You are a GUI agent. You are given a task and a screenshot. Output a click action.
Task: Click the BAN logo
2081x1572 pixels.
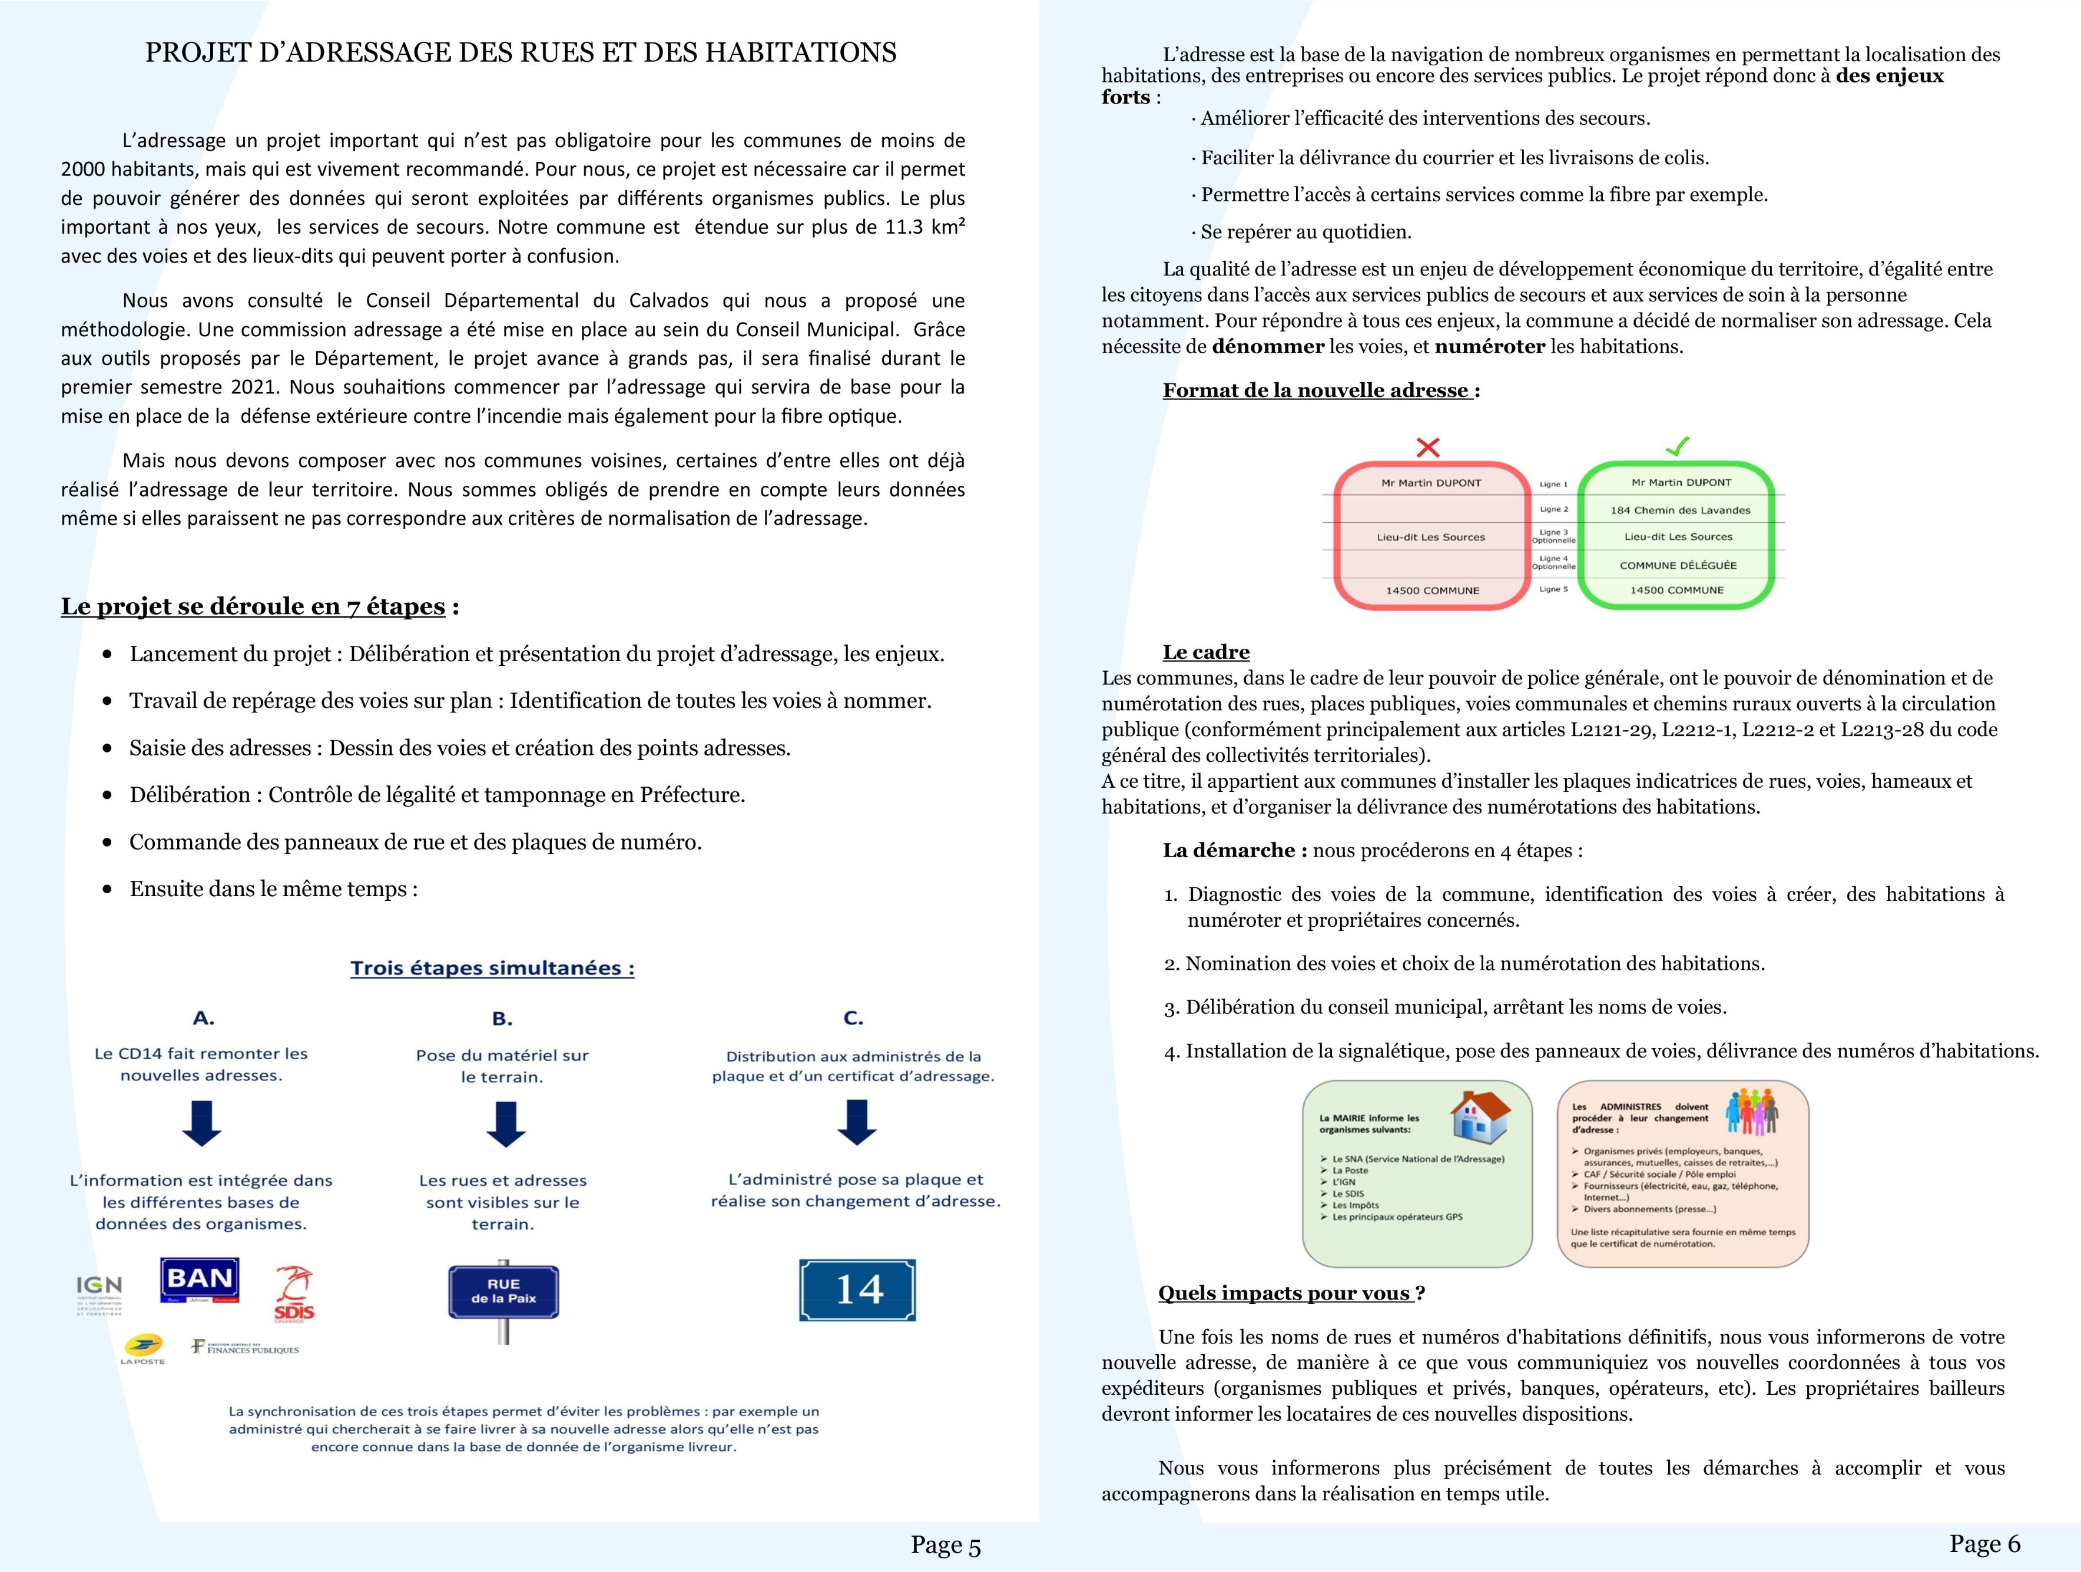(x=200, y=1281)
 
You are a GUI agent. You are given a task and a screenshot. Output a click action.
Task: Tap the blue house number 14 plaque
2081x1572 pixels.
(x=857, y=1290)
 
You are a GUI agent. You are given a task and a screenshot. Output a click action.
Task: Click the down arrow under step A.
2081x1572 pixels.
(x=201, y=1123)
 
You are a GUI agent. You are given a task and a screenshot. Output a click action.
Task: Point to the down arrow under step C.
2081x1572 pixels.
(x=856, y=1122)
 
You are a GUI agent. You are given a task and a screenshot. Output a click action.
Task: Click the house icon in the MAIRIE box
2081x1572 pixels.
(x=1479, y=1117)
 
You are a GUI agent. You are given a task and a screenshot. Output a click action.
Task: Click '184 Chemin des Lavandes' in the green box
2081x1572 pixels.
(x=1680, y=510)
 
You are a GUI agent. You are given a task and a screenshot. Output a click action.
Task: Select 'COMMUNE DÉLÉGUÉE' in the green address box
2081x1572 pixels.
(x=1678, y=565)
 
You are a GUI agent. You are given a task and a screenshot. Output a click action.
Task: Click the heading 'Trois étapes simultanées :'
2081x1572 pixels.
(x=492, y=968)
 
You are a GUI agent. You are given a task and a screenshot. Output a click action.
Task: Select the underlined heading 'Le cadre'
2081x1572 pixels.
(x=1205, y=652)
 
